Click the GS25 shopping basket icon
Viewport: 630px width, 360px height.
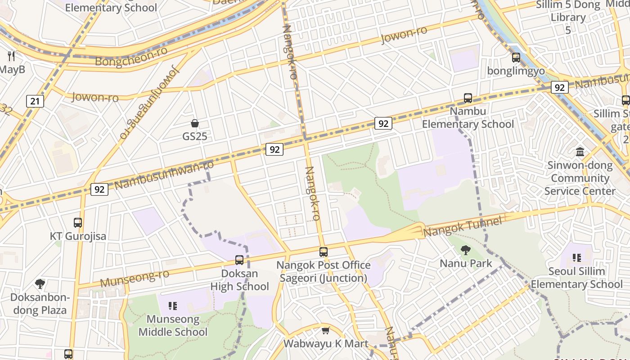195,123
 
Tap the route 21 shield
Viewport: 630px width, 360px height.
35,101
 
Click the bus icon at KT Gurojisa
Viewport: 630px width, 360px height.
78,223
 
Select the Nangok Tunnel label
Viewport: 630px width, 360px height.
463,227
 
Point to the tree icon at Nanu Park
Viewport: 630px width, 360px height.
466,250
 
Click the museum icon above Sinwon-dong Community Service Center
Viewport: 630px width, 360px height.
580,152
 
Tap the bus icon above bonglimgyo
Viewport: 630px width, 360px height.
516,58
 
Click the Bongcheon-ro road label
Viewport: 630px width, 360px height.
132,57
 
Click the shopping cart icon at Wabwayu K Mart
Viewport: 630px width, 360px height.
326,331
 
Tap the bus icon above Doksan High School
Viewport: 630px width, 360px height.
239,260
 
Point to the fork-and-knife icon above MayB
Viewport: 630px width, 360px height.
12,56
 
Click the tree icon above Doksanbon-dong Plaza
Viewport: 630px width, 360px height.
40,284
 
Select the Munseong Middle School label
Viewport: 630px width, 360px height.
173,326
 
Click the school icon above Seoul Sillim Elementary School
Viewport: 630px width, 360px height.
576,258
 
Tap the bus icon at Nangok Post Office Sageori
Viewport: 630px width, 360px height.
324,252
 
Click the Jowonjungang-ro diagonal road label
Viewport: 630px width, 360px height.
149,103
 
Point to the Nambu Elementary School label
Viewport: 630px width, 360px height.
468,118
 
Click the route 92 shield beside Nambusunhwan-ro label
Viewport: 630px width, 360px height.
99,189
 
